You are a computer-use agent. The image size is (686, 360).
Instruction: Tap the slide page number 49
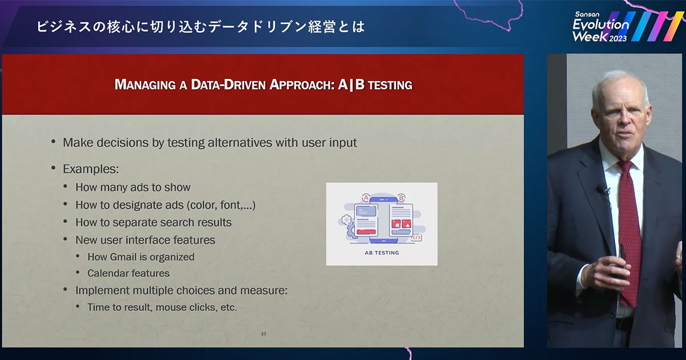pos(263,334)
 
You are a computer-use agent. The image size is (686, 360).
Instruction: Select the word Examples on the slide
pos(89,169)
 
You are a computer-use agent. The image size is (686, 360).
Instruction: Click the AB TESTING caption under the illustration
pos(382,253)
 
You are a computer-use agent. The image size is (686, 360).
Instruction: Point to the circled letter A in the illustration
pos(366,198)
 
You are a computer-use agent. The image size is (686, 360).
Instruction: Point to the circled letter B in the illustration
pos(401,198)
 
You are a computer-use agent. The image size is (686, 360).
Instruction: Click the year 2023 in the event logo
pos(618,38)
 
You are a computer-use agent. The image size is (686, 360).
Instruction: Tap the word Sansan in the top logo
pos(587,14)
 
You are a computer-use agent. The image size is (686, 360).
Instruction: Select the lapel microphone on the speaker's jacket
pos(602,190)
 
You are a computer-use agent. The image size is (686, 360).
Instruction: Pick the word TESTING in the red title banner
pos(390,85)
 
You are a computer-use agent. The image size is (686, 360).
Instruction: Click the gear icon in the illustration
pos(346,219)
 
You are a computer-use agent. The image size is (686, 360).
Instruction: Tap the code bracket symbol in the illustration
pos(416,238)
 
